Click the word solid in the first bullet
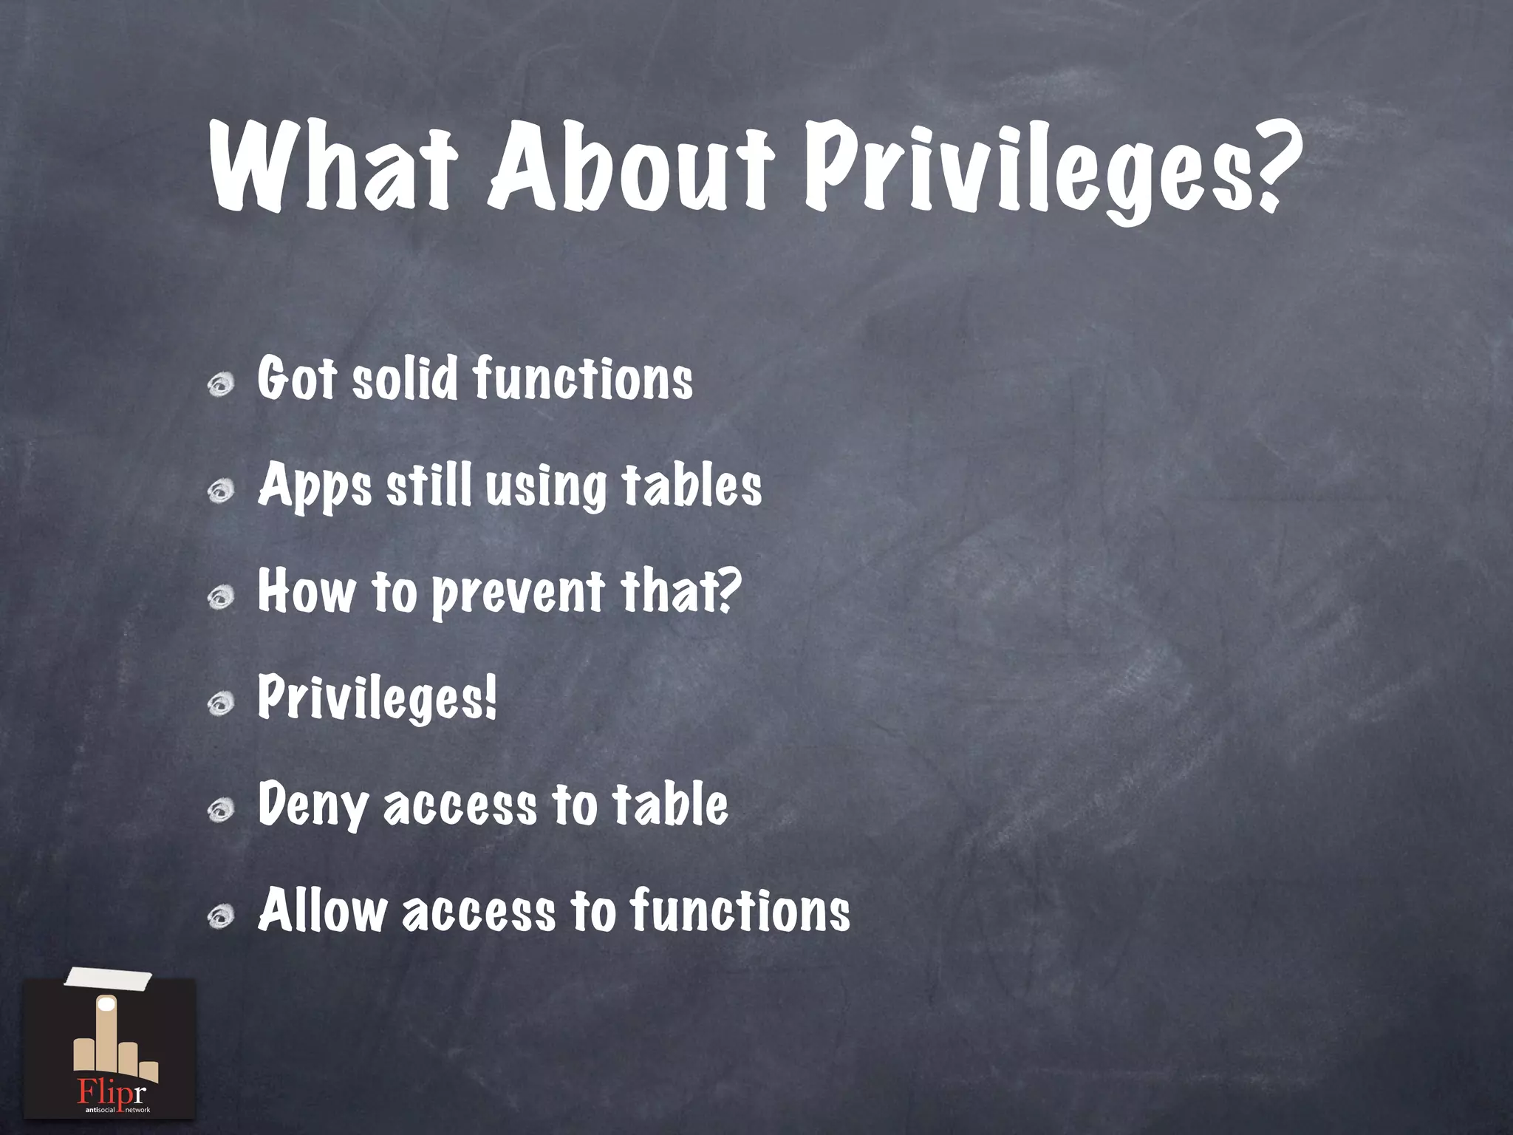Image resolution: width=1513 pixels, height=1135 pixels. tap(405, 379)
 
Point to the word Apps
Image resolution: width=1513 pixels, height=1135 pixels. tap(315, 487)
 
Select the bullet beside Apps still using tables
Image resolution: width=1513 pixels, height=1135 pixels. tap(221, 491)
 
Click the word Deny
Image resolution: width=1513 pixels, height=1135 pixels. tap(312, 805)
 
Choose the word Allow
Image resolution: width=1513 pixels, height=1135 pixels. tap(322, 910)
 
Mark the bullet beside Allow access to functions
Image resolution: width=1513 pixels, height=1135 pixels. tap(221, 917)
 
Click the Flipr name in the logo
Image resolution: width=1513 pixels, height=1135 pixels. tap(112, 1092)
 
